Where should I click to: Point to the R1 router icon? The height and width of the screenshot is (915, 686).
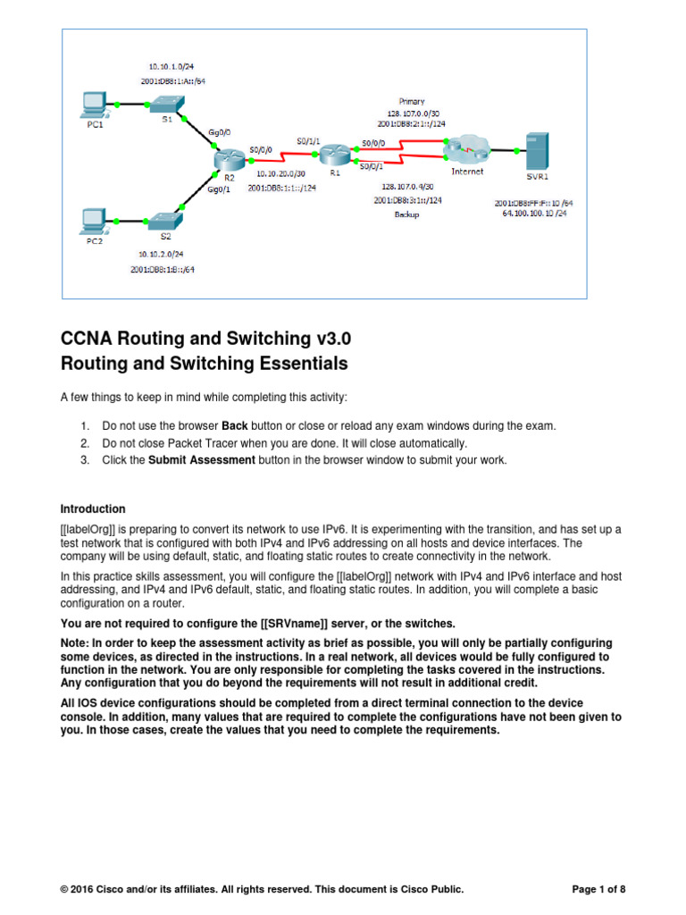333,155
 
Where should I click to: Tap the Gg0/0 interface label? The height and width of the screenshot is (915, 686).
220,132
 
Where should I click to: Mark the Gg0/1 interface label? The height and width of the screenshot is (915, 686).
220,189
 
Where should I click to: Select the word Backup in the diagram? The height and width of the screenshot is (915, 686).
406,214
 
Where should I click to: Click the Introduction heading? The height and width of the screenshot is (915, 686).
93,509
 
